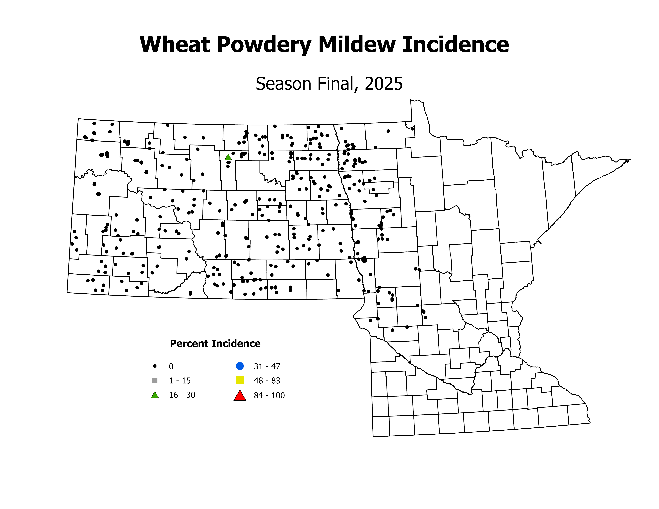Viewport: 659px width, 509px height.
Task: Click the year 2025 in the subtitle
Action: pos(384,84)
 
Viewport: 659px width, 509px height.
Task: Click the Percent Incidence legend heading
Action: pos(215,343)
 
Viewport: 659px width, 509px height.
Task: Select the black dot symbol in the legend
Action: pos(155,366)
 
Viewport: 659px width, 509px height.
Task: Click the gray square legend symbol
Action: pos(155,380)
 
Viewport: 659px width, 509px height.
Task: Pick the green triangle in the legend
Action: pos(155,395)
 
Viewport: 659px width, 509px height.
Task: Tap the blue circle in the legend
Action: pos(240,366)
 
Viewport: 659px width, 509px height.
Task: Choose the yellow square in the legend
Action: pos(240,380)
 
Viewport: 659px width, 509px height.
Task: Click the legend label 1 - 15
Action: pos(180,381)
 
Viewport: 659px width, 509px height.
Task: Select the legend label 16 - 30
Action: pos(182,395)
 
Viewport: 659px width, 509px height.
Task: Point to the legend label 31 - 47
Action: pos(267,366)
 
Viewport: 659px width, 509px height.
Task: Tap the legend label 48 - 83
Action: pos(267,381)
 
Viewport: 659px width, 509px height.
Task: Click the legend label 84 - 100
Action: pos(269,395)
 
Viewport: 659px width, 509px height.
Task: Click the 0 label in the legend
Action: pos(171,366)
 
